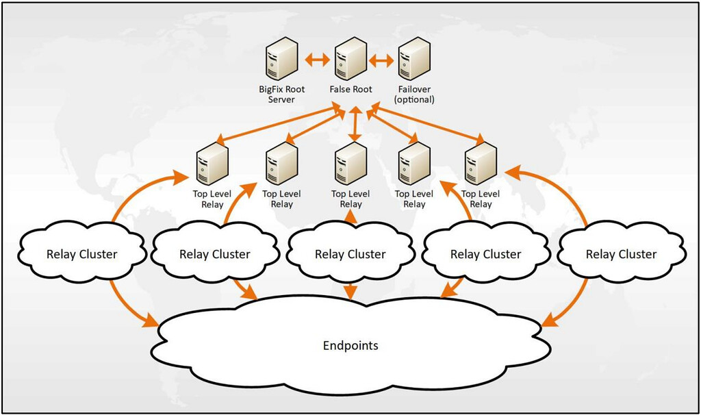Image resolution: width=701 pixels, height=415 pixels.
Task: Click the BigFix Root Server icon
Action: [x=282, y=60]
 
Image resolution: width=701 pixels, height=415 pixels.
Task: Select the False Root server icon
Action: [x=349, y=60]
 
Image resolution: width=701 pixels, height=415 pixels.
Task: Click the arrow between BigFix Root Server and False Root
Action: [x=316, y=60]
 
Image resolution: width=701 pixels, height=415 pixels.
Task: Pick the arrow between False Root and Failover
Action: [x=382, y=60]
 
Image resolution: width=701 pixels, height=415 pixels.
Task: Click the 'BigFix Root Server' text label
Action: [x=282, y=95]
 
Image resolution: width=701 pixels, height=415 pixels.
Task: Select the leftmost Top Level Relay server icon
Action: [x=212, y=164]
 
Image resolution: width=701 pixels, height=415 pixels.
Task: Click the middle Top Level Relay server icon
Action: [x=350, y=164]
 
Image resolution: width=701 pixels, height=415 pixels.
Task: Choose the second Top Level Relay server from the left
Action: [x=281, y=164]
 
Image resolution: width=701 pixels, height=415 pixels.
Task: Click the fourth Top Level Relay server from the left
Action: [x=413, y=164]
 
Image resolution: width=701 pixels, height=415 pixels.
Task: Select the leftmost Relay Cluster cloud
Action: [x=82, y=254]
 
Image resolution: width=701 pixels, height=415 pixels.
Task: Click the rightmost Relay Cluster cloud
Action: [x=621, y=254]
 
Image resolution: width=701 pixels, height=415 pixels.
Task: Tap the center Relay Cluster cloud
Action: [x=350, y=254]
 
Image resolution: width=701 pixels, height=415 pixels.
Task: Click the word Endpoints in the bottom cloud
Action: [x=350, y=345]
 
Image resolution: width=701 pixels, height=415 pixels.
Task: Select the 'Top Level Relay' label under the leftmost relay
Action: [x=212, y=199]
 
